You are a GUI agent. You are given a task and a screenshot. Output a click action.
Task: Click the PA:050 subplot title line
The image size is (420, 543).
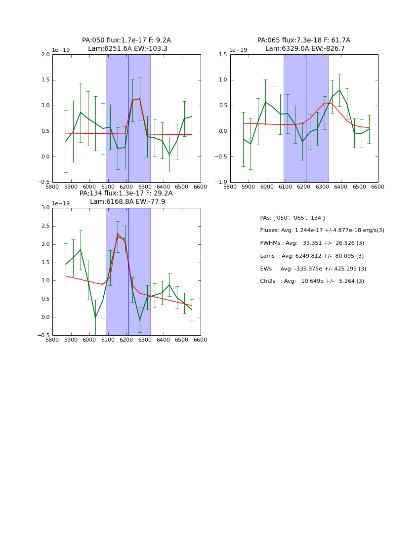click(x=126, y=40)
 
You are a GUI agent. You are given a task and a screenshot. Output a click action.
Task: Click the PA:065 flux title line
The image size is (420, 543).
click(x=304, y=40)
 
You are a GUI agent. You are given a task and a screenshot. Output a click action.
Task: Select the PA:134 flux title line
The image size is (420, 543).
click(x=126, y=194)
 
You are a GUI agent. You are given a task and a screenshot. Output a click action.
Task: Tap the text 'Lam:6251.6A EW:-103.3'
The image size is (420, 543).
click(x=127, y=49)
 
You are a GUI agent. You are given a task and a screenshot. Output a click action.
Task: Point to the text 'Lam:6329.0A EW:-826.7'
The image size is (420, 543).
click(x=305, y=49)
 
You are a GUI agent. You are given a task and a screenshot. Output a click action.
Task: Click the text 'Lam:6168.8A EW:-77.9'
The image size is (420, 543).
click(x=127, y=202)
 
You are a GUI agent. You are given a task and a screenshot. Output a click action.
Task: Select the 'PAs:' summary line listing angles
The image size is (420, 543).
click(x=293, y=218)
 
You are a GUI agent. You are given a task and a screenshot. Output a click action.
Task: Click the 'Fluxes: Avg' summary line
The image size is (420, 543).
click(x=322, y=231)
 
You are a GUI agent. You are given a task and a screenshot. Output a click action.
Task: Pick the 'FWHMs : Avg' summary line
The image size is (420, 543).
click(x=312, y=243)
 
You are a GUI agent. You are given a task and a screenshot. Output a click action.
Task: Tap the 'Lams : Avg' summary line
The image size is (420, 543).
click(x=312, y=256)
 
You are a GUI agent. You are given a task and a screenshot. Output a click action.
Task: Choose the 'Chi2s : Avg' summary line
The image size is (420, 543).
click(x=312, y=281)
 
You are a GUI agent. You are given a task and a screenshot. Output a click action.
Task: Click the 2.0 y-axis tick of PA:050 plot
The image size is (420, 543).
click(x=45, y=55)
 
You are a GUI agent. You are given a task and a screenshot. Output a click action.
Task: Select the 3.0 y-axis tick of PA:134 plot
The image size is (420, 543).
click(x=45, y=208)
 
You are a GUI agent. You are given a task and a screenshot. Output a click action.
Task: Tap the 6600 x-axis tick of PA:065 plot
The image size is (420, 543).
click(x=378, y=187)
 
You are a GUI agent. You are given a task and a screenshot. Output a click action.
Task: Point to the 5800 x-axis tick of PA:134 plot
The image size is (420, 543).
click(x=52, y=340)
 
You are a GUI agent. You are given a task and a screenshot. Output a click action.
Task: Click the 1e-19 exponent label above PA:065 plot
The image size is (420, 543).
click(x=239, y=50)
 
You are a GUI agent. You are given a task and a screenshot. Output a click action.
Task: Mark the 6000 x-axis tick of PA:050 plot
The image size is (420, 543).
click(x=89, y=187)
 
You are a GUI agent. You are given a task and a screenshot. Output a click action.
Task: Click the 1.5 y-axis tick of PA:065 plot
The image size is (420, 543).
click(x=223, y=55)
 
